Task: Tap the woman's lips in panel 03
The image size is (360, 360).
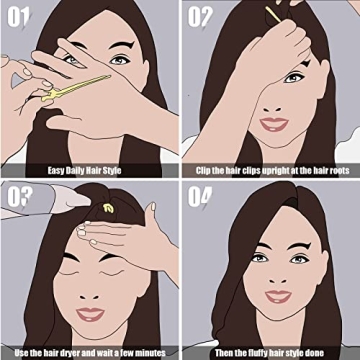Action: (x=91, y=313)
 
